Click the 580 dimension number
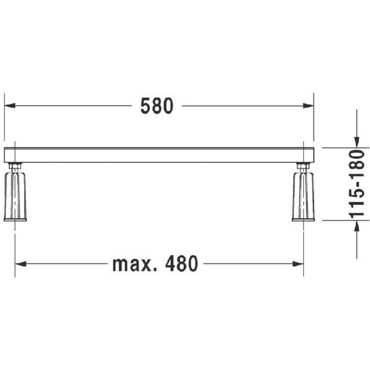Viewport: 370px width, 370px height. [156, 106]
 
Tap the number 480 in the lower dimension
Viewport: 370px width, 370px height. [181, 264]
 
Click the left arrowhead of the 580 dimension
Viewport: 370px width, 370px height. [10, 105]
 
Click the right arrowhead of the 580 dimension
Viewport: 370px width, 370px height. [308, 105]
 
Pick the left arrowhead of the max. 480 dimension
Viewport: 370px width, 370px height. [20, 264]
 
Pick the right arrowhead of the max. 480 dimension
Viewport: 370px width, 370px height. [298, 264]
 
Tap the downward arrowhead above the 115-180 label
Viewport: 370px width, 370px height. [357, 142]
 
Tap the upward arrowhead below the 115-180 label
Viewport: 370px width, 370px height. [357, 226]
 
